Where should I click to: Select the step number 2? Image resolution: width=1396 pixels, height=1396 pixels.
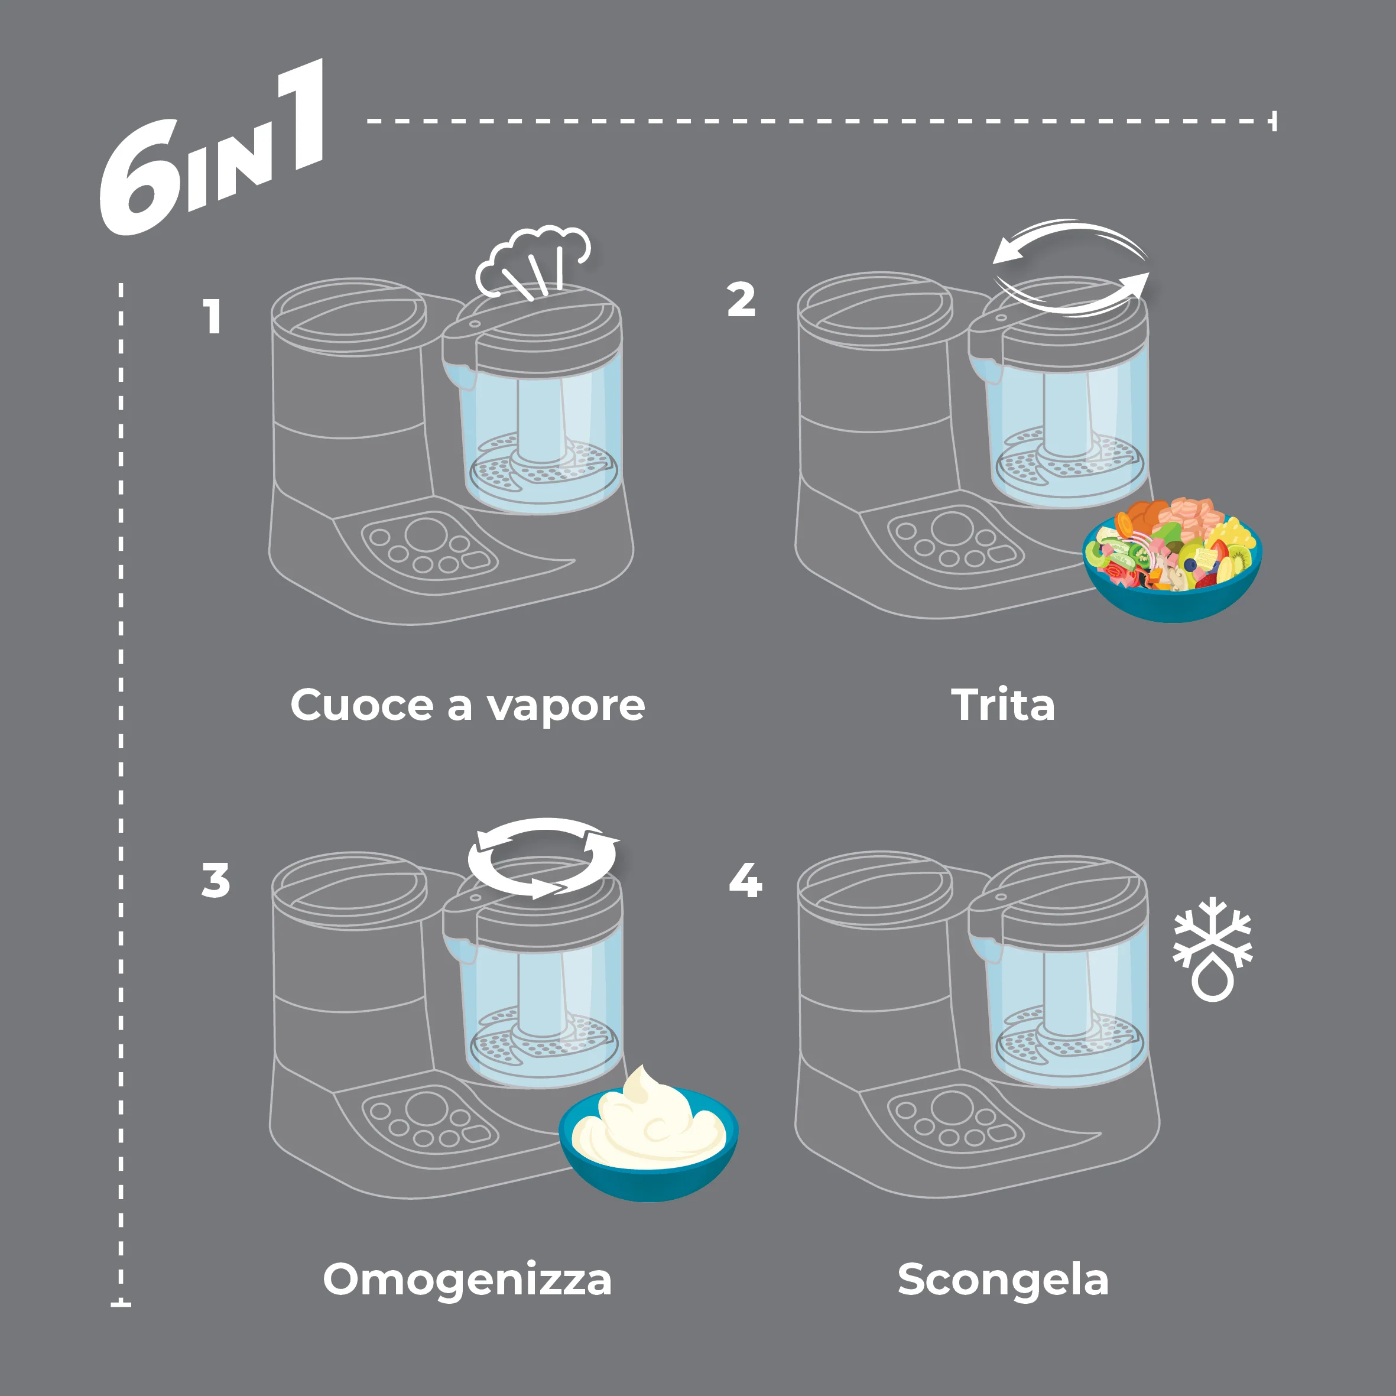(741, 300)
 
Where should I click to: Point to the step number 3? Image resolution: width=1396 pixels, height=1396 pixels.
(215, 881)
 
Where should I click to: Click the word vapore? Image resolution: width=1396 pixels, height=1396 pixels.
(565, 706)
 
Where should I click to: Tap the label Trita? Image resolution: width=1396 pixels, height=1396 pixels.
(1003, 705)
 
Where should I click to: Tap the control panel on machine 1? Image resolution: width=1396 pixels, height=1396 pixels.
(431, 546)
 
